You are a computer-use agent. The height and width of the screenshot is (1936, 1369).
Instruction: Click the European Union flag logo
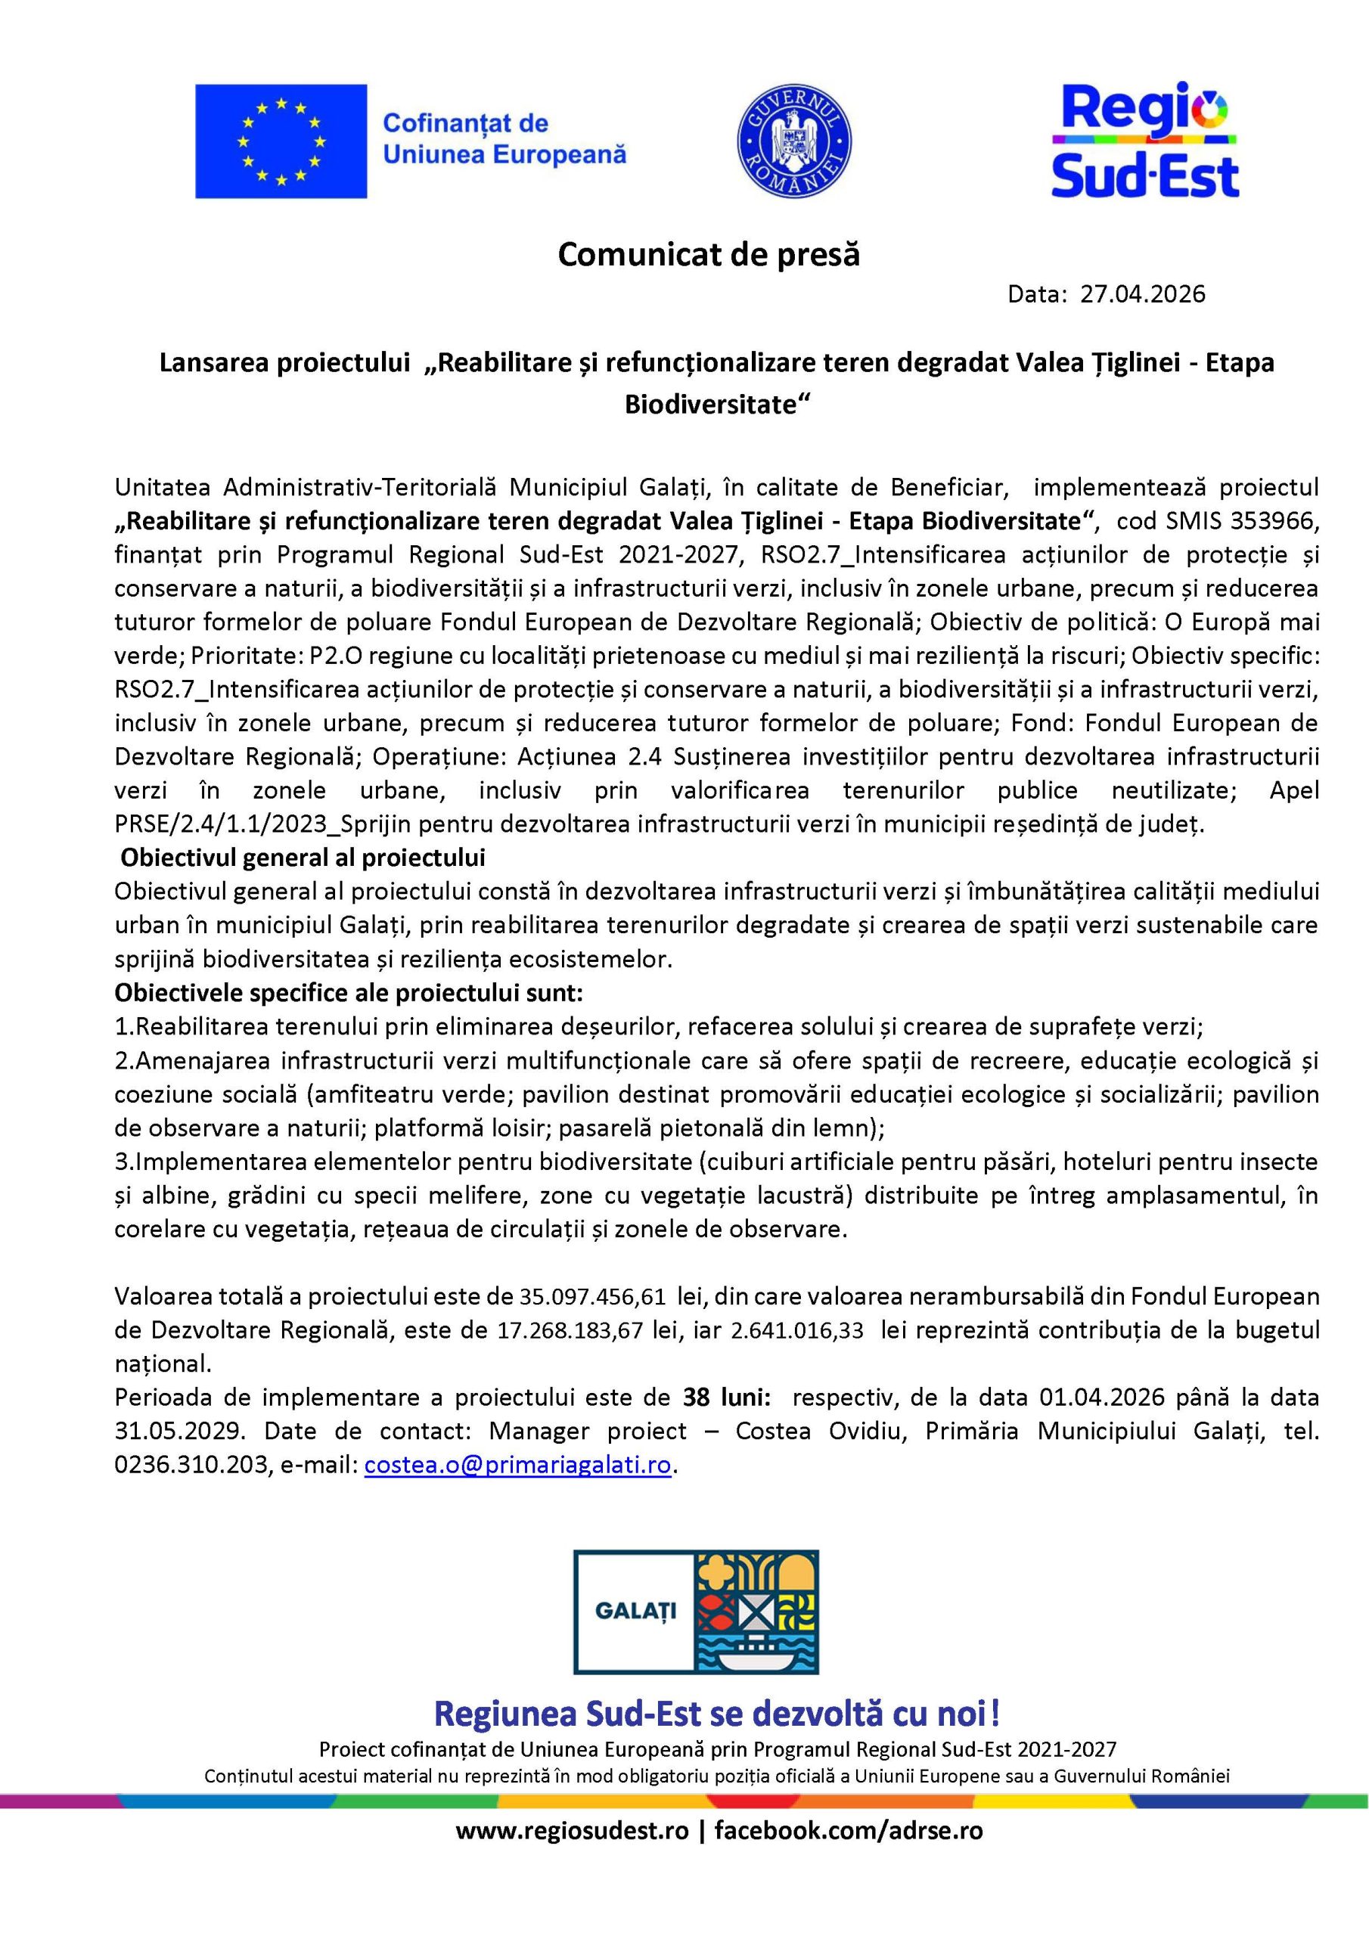pos(281,141)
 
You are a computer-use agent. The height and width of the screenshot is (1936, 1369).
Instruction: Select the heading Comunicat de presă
pos(709,255)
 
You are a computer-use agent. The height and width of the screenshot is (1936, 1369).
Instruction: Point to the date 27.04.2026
pos(1143,294)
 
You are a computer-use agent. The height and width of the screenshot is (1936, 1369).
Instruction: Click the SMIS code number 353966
pos(1274,521)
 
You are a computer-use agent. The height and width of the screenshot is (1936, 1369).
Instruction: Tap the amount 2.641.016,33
pos(797,1329)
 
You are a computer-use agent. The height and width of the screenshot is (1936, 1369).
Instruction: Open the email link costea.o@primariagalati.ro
pos(518,1465)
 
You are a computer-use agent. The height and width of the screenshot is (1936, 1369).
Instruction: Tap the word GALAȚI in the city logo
pos(636,1611)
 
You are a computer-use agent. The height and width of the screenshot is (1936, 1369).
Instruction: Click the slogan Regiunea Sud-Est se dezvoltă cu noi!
pos(717,1714)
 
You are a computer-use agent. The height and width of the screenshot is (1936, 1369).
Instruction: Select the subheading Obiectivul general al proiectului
pos(303,858)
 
